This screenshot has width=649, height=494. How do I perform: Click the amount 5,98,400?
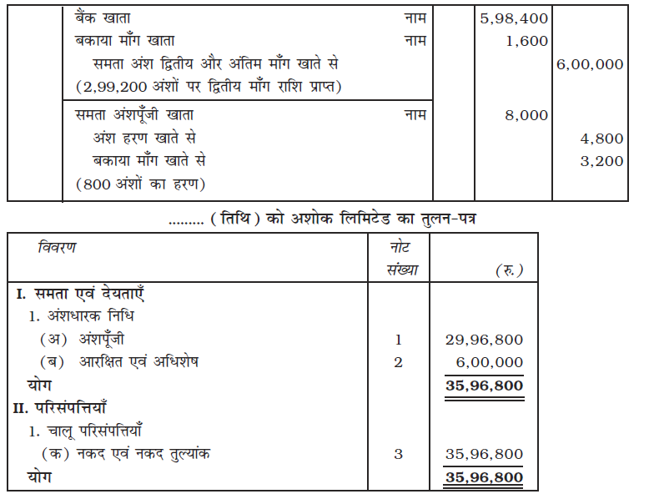coord(515,18)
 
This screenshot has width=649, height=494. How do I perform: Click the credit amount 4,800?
coord(602,139)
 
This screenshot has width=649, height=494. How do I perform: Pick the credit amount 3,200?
coord(602,161)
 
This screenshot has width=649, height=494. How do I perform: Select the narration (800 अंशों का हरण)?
coord(140,184)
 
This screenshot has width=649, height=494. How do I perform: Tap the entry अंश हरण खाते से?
coord(145,139)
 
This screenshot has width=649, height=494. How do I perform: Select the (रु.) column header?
coord(508,270)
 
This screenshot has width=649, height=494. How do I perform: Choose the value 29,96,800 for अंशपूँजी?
coord(485,340)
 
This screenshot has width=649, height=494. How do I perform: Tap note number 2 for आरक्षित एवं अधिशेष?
coord(398,362)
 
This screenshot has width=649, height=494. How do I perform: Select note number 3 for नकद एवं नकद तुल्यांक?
coord(398,454)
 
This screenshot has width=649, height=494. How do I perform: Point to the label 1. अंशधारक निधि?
coord(81,316)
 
